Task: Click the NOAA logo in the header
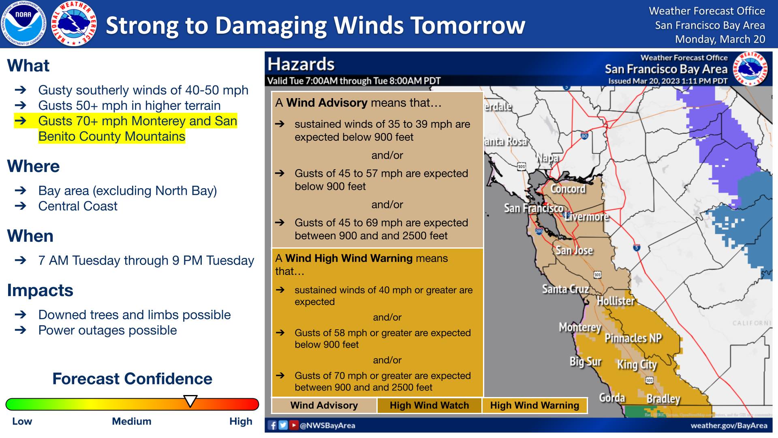[x=23, y=24]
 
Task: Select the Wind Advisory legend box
[x=324, y=405]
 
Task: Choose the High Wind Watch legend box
[x=430, y=405]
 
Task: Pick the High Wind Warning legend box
[x=535, y=405]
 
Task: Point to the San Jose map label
[x=574, y=250]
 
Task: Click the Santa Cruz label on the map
[x=566, y=289]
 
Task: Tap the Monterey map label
[x=580, y=327]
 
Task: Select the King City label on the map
[x=637, y=365]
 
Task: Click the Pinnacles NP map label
[x=633, y=338]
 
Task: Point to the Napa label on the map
[x=548, y=158]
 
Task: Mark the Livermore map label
[x=587, y=217]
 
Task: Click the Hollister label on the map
[x=616, y=301]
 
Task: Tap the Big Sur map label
[x=586, y=361]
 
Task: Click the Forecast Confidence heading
[x=132, y=379]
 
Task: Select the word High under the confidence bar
[x=241, y=421]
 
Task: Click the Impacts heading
[x=40, y=290]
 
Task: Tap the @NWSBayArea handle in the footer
[x=327, y=425]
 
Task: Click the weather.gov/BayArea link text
[x=729, y=425]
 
